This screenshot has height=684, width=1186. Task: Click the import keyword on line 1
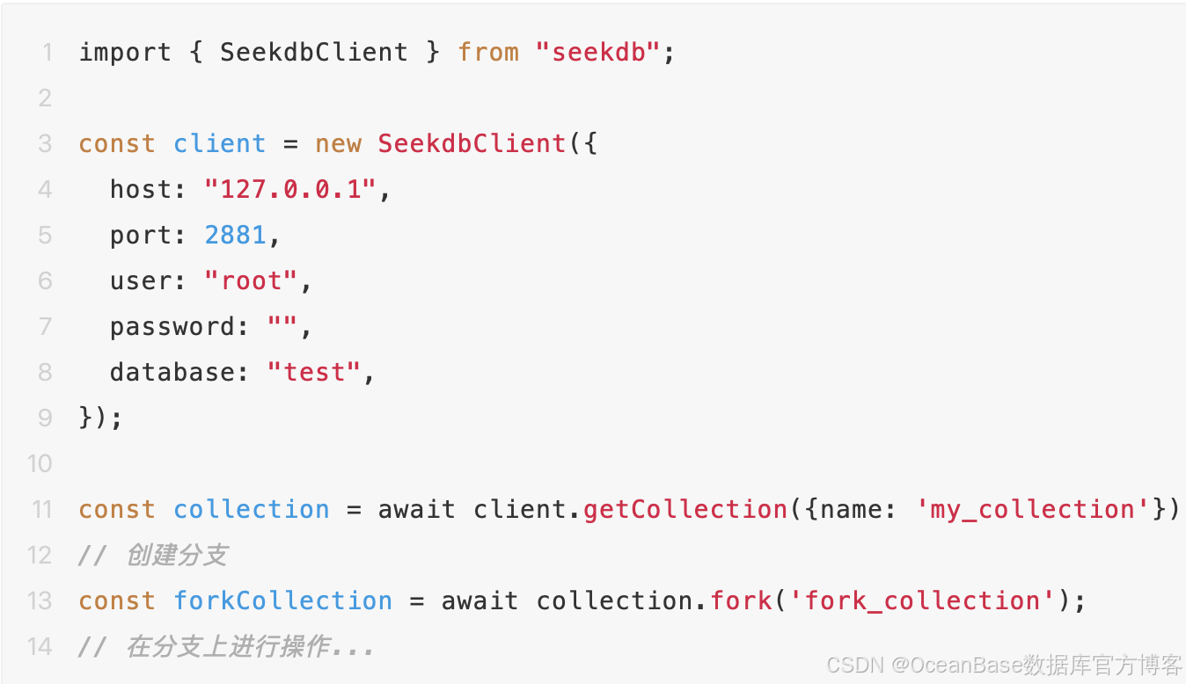pyautogui.click(x=125, y=52)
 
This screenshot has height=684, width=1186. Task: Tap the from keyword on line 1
pyautogui.click(x=488, y=52)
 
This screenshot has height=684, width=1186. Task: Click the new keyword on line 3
pyautogui.click(x=338, y=143)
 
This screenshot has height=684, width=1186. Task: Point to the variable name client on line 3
pyautogui.click(x=219, y=143)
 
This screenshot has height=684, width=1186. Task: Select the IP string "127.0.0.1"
pyautogui.click(x=291, y=189)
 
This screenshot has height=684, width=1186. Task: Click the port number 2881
pyautogui.click(x=235, y=235)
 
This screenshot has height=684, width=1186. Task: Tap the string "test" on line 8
pyautogui.click(x=314, y=372)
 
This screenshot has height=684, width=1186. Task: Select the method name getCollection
pyautogui.click(x=685, y=509)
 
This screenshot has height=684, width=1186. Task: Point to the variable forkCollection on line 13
pyautogui.click(x=282, y=600)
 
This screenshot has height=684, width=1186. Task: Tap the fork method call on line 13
pyautogui.click(x=742, y=600)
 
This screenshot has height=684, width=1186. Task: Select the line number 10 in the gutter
pyautogui.click(x=40, y=463)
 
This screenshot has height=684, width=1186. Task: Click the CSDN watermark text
pyautogui.click(x=1003, y=665)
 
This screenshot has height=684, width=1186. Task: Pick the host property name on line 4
pyautogui.click(x=141, y=189)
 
